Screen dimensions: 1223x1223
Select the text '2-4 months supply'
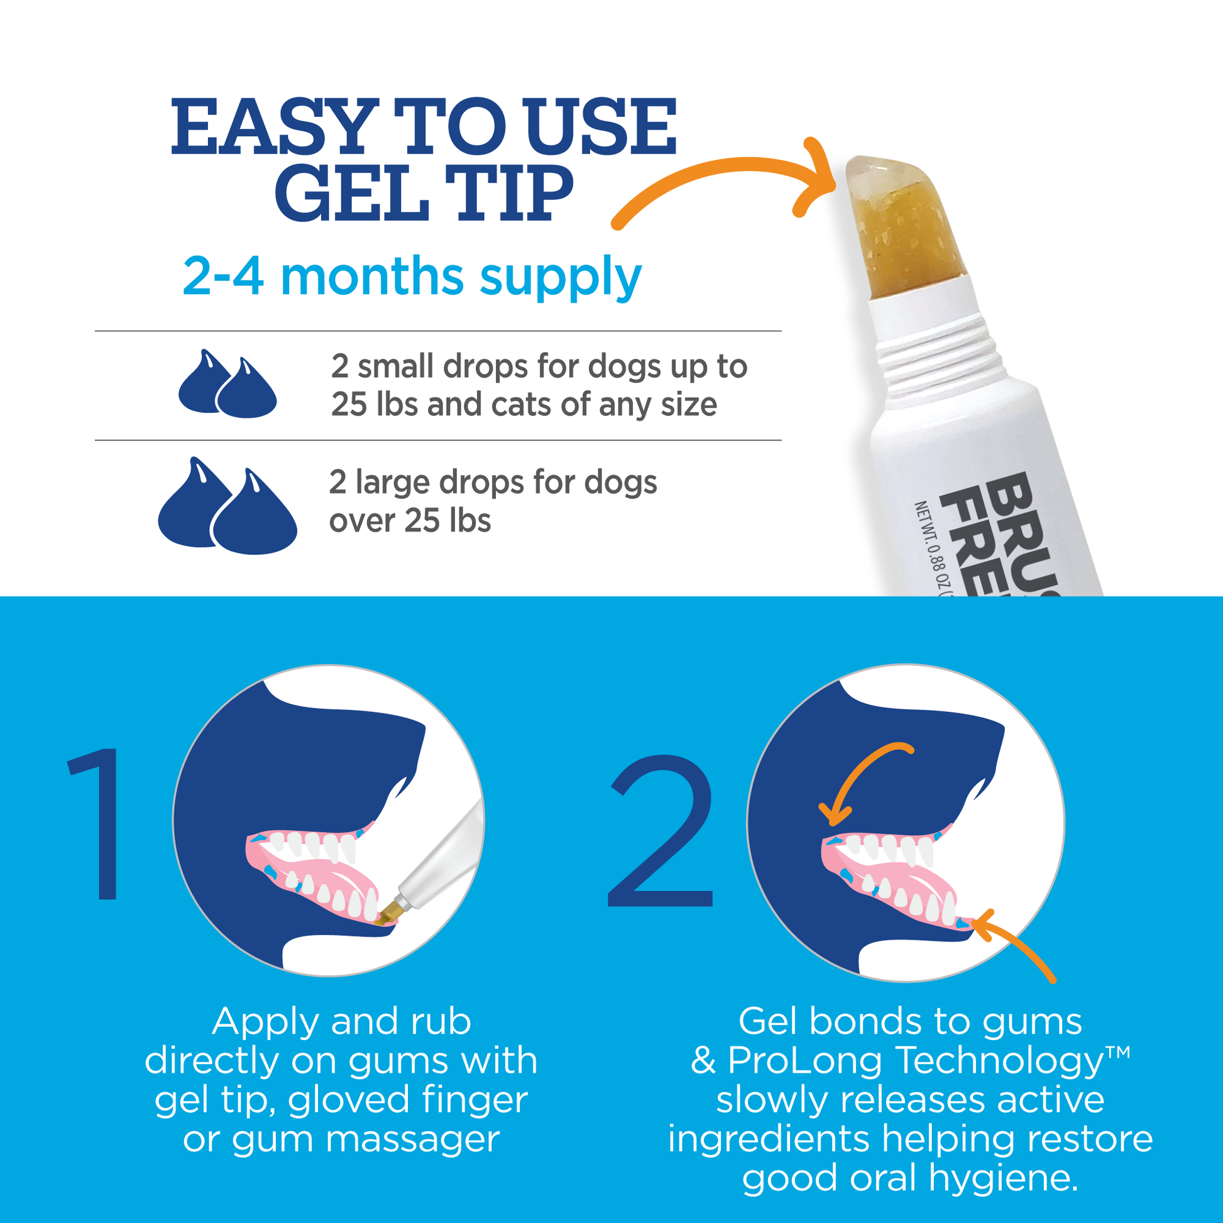412,277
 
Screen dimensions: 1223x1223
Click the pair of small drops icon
228,384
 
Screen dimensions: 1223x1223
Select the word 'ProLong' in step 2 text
804,1060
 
